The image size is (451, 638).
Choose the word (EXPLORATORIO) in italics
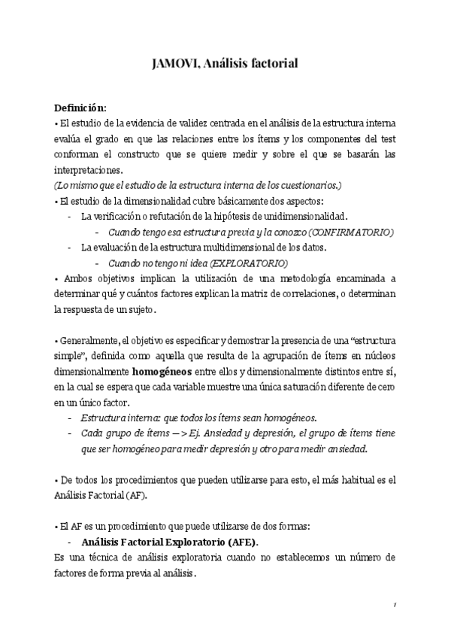pos(248,263)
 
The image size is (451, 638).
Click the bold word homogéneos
pos(162,372)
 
